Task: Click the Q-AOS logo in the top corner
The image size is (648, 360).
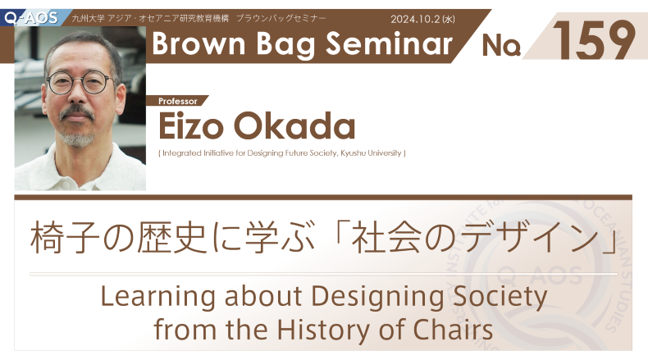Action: (30, 18)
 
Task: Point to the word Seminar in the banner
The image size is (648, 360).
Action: (390, 43)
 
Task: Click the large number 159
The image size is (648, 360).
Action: (593, 40)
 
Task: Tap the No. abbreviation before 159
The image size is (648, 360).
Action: (501, 45)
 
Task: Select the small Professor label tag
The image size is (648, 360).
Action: (178, 101)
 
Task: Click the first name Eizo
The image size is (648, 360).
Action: (191, 126)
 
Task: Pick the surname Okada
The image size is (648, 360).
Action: (294, 125)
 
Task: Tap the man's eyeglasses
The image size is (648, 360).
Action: (80, 82)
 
